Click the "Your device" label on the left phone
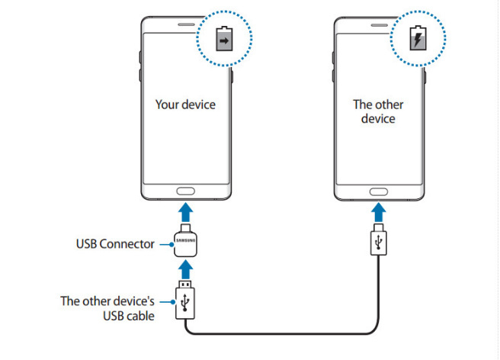pos(185,104)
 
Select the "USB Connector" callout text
pos(115,245)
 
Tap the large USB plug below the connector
pos(185,304)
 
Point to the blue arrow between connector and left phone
pos(185,213)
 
